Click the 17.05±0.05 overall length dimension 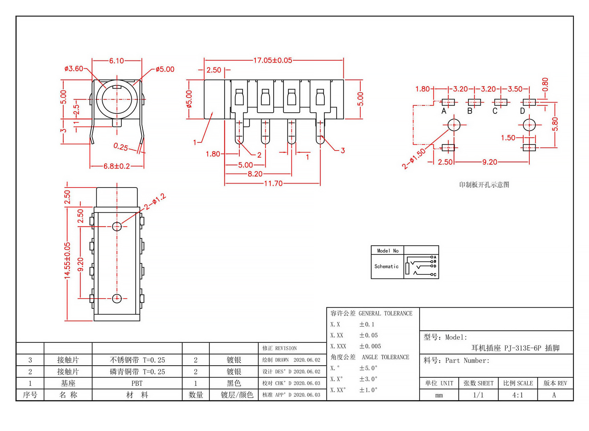[x=273, y=60]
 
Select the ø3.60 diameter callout [x=74, y=68]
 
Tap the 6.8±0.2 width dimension [x=117, y=166]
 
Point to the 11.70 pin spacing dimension [x=273, y=183]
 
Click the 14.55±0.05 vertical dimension [x=67, y=260]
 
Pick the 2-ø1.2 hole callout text [x=155, y=202]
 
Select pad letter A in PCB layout [x=444, y=111]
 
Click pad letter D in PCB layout [x=522, y=111]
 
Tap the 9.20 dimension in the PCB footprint [x=490, y=162]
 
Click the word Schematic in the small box [x=386, y=266]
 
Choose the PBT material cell [x=137, y=383]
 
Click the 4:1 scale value [x=518, y=395]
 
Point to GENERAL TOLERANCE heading [x=385, y=314]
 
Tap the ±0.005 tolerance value [x=370, y=346]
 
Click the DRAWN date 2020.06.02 [x=307, y=360]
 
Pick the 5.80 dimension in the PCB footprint [x=555, y=124]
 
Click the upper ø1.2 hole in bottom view [x=117, y=226]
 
